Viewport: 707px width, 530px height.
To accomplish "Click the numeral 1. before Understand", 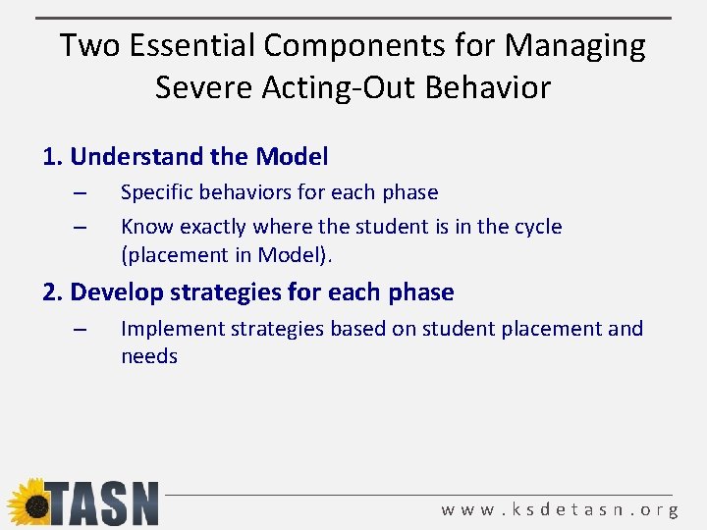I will coord(53,156).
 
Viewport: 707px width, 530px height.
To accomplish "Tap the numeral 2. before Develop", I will coord(53,291).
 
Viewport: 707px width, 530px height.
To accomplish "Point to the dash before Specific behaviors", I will coord(81,192).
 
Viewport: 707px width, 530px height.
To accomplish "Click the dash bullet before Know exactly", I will coord(81,227).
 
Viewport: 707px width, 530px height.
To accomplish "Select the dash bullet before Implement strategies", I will coord(81,329).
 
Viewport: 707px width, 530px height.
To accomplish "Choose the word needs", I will coord(149,356).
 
